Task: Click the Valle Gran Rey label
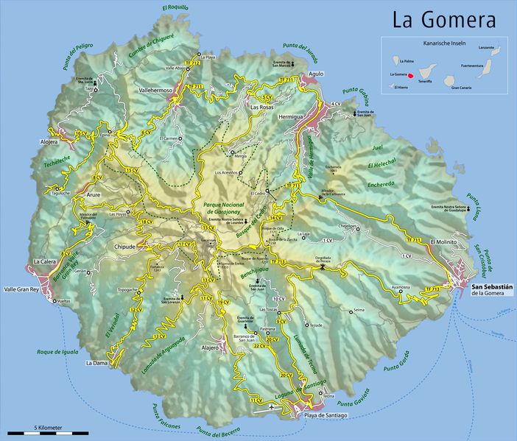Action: pyautogui.click(x=22, y=289)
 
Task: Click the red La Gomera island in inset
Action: pyautogui.click(x=413, y=74)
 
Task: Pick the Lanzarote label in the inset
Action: pyautogui.click(x=486, y=47)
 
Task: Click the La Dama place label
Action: pyautogui.click(x=96, y=363)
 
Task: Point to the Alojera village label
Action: pyautogui.click(x=48, y=141)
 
